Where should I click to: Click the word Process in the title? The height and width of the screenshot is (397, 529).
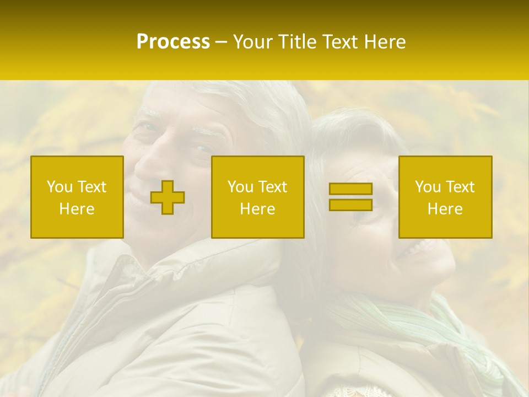pyautogui.click(x=173, y=42)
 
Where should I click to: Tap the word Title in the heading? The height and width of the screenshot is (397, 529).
pyautogui.click(x=299, y=42)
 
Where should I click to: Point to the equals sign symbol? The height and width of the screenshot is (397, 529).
pyautogui.click(x=350, y=197)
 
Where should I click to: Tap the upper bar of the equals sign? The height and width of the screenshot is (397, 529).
pyautogui.click(x=350, y=189)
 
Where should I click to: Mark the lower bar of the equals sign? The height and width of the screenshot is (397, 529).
pyautogui.click(x=350, y=205)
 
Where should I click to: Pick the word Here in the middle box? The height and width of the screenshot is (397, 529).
pyautogui.click(x=257, y=209)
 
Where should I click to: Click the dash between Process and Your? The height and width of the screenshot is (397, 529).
pyautogui.click(x=222, y=42)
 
